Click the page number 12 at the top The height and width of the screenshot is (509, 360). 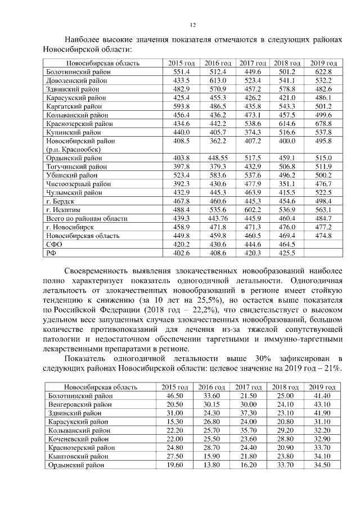point(192,25)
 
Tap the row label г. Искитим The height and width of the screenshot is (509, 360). point(64,210)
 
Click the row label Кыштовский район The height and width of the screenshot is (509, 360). point(82,456)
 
